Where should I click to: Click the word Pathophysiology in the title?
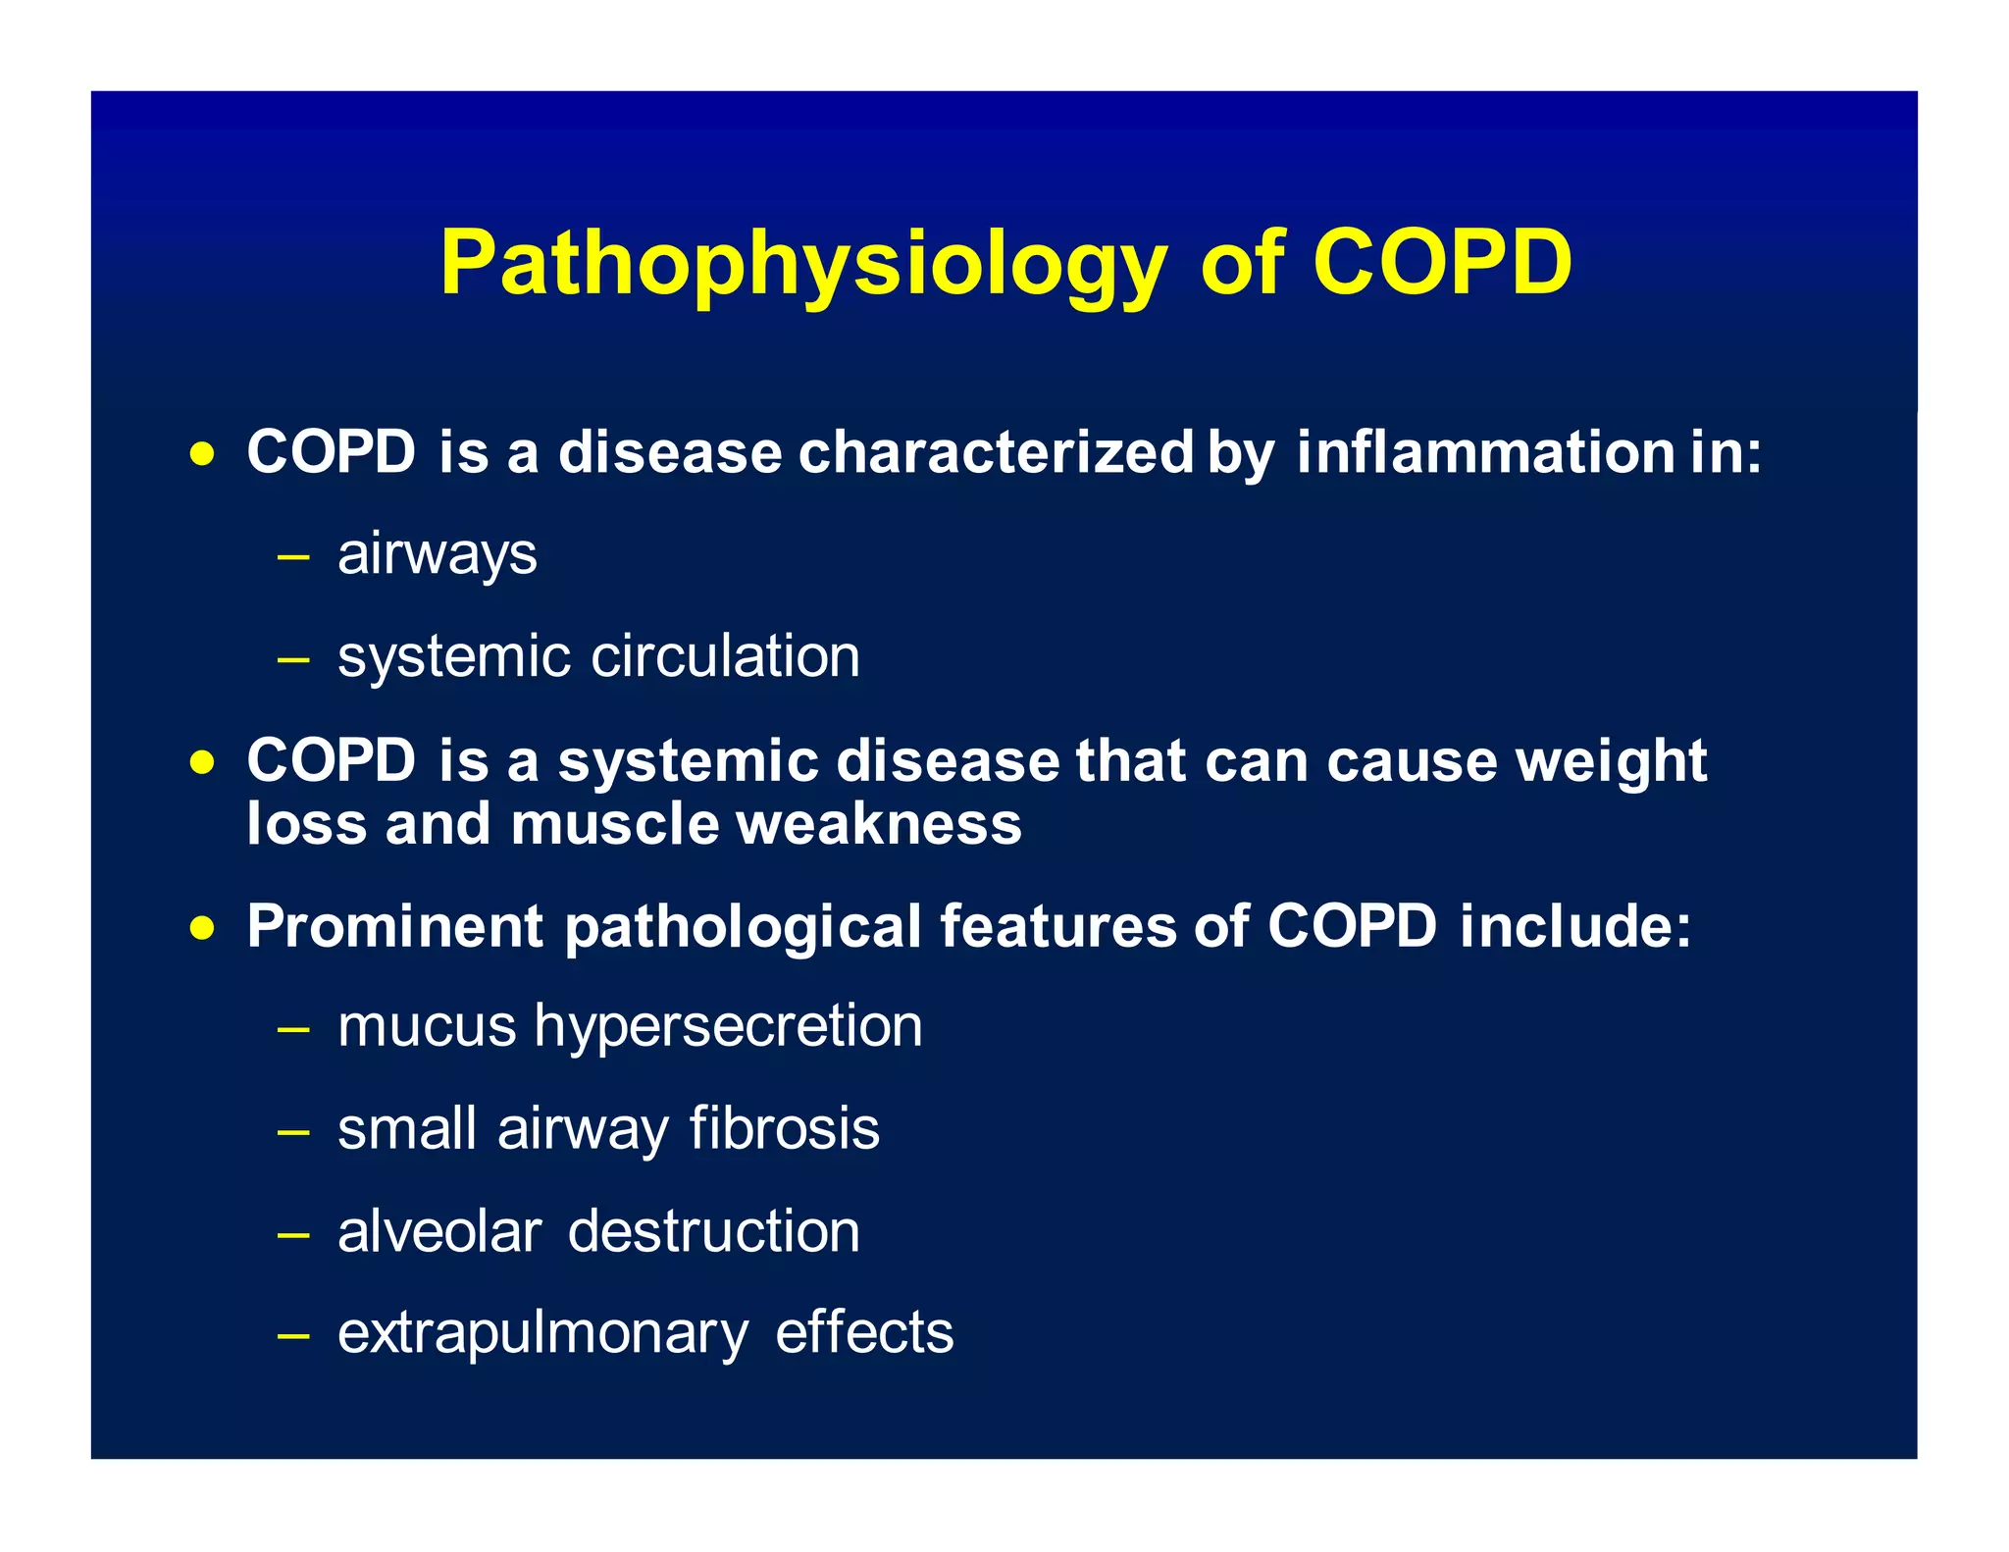coord(802,265)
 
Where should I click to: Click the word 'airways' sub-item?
coord(437,555)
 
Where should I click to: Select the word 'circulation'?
coord(725,656)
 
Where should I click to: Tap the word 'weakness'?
coord(879,823)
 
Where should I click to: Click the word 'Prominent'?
coord(394,926)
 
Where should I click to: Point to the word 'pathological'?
coord(743,928)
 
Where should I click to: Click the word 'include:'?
coord(1575,926)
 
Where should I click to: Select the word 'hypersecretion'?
coord(728,1028)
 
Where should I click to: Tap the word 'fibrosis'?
coord(784,1129)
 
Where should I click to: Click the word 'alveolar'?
coord(438,1232)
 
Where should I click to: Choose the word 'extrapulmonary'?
coord(542,1334)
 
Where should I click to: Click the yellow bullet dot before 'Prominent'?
coord(202,928)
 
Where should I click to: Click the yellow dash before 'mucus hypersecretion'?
coord(293,1030)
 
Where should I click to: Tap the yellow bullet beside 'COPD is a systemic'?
coord(202,762)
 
